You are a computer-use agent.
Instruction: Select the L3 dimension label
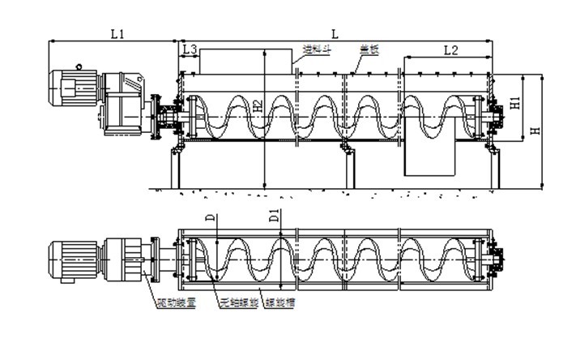pyautogui.click(x=189, y=50)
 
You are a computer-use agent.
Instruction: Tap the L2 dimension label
pyautogui.click(x=450, y=50)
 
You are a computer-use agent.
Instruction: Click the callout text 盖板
pyautogui.click(x=369, y=49)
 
